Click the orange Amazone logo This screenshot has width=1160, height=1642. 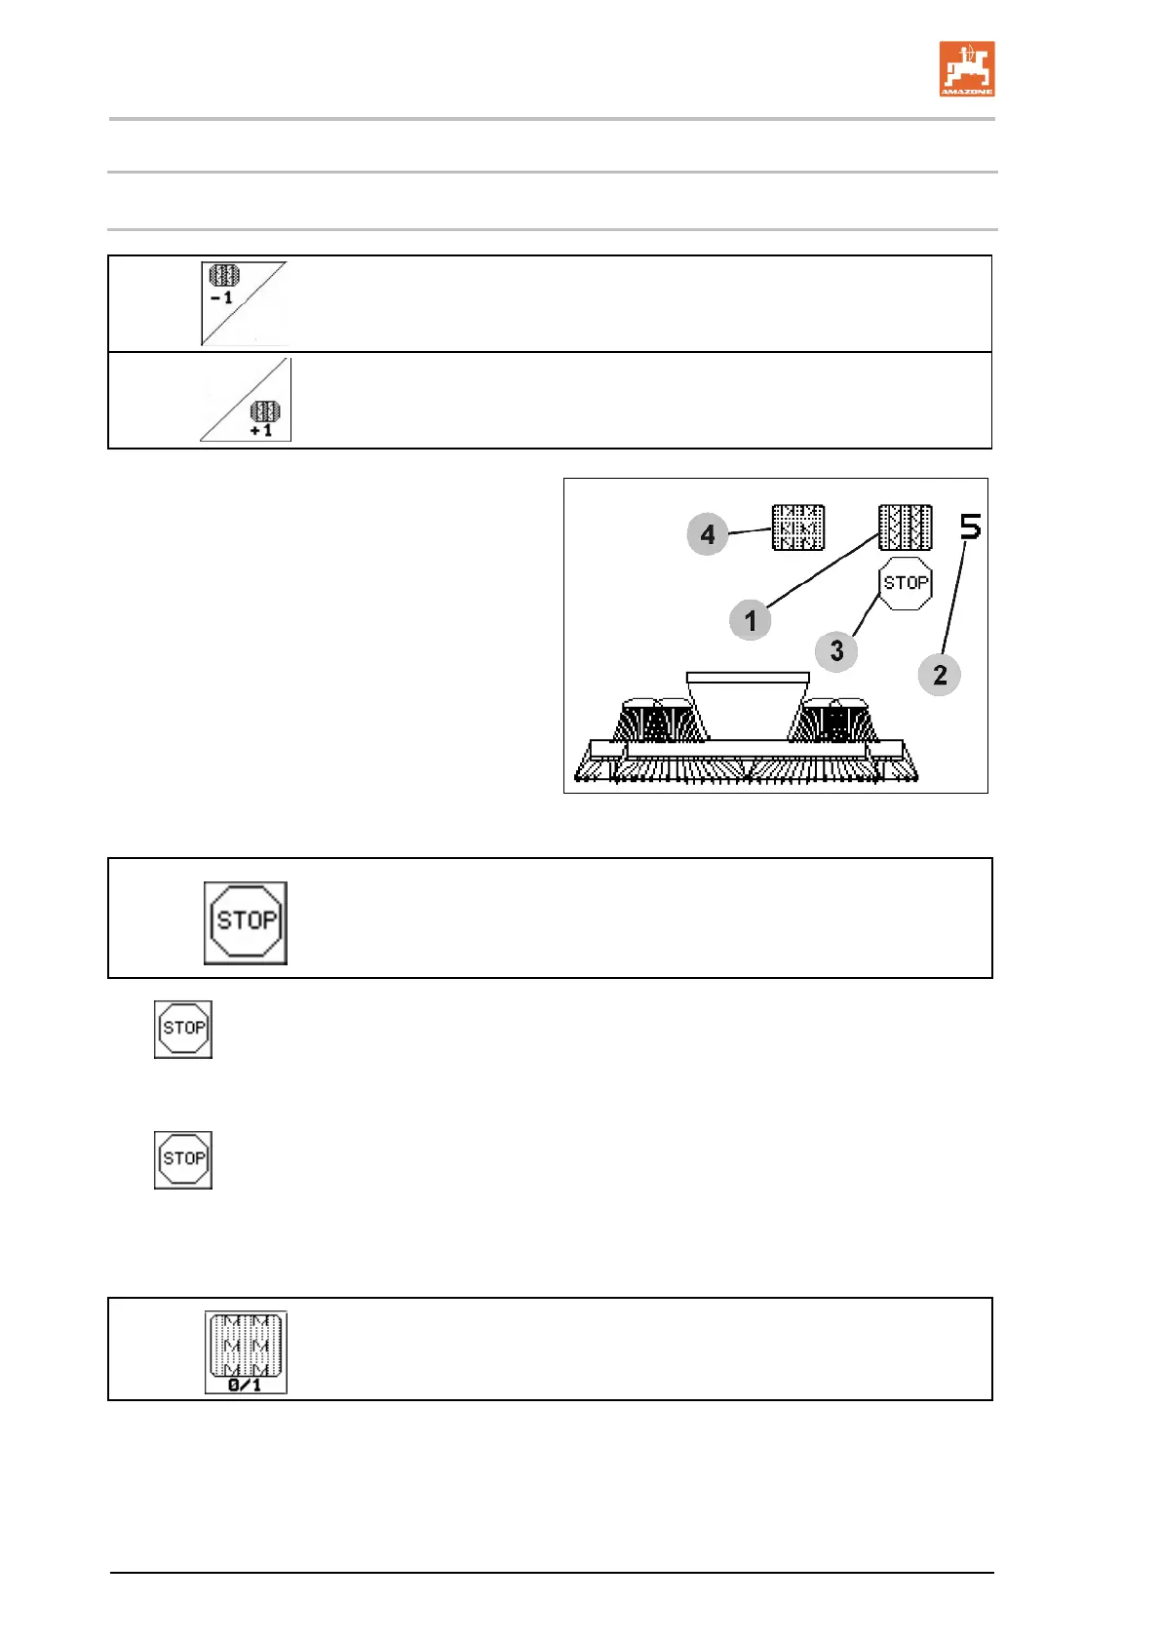pyautogui.click(x=966, y=68)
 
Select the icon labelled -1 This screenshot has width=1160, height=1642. pyautogui.click(x=242, y=302)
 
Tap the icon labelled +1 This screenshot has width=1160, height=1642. pyautogui.click(x=246, y=400)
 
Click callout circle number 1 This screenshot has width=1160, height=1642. pyautogui.click(x=750, y=620)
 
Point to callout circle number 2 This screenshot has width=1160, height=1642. pyautogui.click(x=939, y=675)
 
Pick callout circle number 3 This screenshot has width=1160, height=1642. pyautogui.click(x=836, y=651)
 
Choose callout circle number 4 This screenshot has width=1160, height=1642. pyautogui.click(x=707, y=534)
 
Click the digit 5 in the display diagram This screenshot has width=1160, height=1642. pyautogui.click(x=970, y=528)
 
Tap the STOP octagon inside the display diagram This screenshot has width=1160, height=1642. pyautogui.click(x=906, y=583)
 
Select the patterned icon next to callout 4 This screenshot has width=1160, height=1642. pyautogui.click(x=798, y=528)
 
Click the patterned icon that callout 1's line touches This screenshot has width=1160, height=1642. pyautogui.click(x=905, y=528)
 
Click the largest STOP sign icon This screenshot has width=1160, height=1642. pyautogui.click(x=246, y=922)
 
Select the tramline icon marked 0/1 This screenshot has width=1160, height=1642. pyautogui.click(x=246, y=1351)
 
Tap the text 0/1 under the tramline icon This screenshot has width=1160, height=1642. pyautogui.click(x=245, y=1385)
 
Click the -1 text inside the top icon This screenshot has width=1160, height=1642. pyautogui.click(x=222, y=298)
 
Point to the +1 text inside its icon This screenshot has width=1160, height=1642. pyautogui.click(x=261, y=430)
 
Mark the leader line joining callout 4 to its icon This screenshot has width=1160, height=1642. pyautogui.click(x=750, y=530)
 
